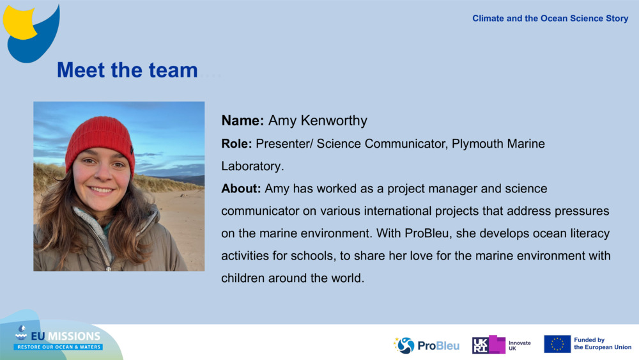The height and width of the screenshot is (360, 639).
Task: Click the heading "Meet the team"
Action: (127, 70)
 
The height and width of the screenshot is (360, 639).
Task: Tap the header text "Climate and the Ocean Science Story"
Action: (550, 19)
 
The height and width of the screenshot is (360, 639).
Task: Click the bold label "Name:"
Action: (243, 120)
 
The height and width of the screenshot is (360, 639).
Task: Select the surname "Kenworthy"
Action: (335, 120)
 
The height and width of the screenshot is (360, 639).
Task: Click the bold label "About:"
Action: (241, 189)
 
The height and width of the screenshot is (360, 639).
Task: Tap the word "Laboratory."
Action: (252, 166)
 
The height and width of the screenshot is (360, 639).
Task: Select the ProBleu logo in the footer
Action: (426, 345)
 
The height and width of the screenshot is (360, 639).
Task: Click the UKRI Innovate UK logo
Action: (501, 345)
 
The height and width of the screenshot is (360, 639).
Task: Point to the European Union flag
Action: (557, 344)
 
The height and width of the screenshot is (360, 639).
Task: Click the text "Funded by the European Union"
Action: (602, 344)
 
